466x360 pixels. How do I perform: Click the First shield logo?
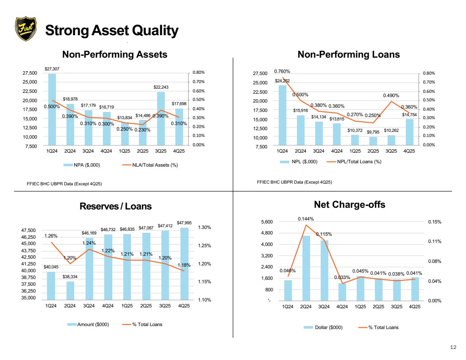click(26, 28)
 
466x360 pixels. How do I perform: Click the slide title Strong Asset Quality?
click(112, 31)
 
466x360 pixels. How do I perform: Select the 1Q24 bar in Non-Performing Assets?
click(52, 109)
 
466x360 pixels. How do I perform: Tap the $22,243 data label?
click(161, 87)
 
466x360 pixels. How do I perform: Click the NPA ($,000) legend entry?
click(82, 165)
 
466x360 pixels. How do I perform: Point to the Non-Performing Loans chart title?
click(349, 54)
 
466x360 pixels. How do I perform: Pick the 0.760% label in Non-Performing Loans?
click(282, 71)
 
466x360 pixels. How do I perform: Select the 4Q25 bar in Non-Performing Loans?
click(409, 132)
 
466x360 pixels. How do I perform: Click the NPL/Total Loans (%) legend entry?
click(354, 162)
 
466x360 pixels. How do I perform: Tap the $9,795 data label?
click(373, 132)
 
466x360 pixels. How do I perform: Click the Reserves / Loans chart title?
click(116, 206)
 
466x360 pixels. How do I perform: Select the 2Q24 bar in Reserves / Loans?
click(70, 290)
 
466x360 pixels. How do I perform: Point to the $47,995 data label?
click(184, 223)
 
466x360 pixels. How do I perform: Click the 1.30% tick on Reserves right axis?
click(205, 227)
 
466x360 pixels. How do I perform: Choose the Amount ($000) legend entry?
click(88, 324)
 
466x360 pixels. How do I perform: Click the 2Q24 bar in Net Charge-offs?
click(306, 268)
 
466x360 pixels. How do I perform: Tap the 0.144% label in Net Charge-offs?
click(306, 219)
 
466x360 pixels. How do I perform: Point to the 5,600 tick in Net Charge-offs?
click(267, 222)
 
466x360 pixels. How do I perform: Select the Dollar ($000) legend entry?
click(323, 327)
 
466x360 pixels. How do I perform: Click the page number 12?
click(453, 347)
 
